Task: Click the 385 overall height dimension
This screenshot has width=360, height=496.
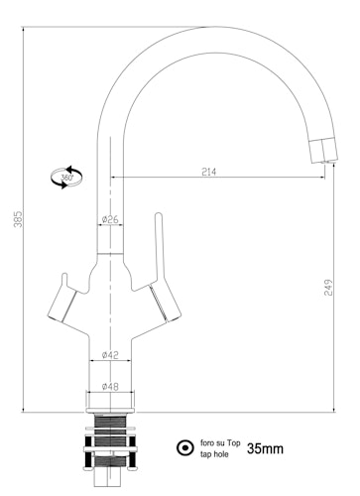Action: [x=18, y=219]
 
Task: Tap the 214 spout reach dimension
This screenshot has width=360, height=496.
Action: [x=208, y=172]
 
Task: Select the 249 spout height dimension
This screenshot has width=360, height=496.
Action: [x=328, y=288]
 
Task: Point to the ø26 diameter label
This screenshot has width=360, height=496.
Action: [x=110, y=219]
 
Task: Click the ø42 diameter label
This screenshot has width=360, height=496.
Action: [x=110, y=355]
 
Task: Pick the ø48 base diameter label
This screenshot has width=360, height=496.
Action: [x=110, y=386]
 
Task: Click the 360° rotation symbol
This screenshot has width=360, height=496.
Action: [x=66, y=178]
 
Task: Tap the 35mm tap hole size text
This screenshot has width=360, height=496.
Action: [x=265, y=448]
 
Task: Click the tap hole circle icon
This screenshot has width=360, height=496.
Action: [x=185, y=448]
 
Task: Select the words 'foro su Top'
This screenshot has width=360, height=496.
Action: [x=220, y=442]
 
